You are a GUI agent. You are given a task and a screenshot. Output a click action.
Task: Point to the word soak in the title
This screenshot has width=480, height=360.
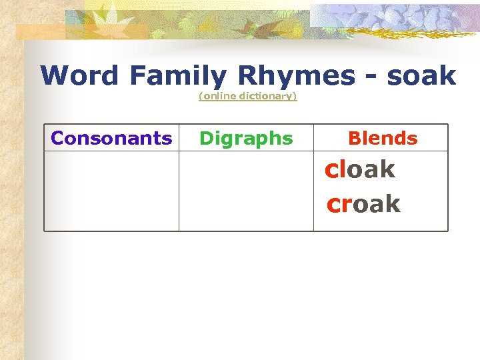[x=421, y=76]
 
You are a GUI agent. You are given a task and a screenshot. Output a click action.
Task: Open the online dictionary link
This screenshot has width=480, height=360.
[x=247, y=97]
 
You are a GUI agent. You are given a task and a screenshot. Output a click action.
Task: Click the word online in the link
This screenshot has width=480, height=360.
[x=218, y=97]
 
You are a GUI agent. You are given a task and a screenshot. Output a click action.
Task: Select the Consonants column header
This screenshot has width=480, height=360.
[x=111, y=138]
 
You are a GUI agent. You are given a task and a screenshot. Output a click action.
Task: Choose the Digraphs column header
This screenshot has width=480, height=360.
[x=246, y=139]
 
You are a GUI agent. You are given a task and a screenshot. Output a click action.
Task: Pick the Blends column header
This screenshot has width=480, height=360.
[x=383, y=138]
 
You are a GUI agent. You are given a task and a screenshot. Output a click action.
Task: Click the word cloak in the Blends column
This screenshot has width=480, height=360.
[x=360, y=169]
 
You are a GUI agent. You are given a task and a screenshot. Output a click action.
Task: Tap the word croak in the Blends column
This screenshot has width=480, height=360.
[x=363, y=203]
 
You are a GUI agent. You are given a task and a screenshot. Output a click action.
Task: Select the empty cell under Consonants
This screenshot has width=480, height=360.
[x=111, y=191]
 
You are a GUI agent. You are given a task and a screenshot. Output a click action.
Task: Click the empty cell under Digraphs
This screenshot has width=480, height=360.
[x=246, y=191]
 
